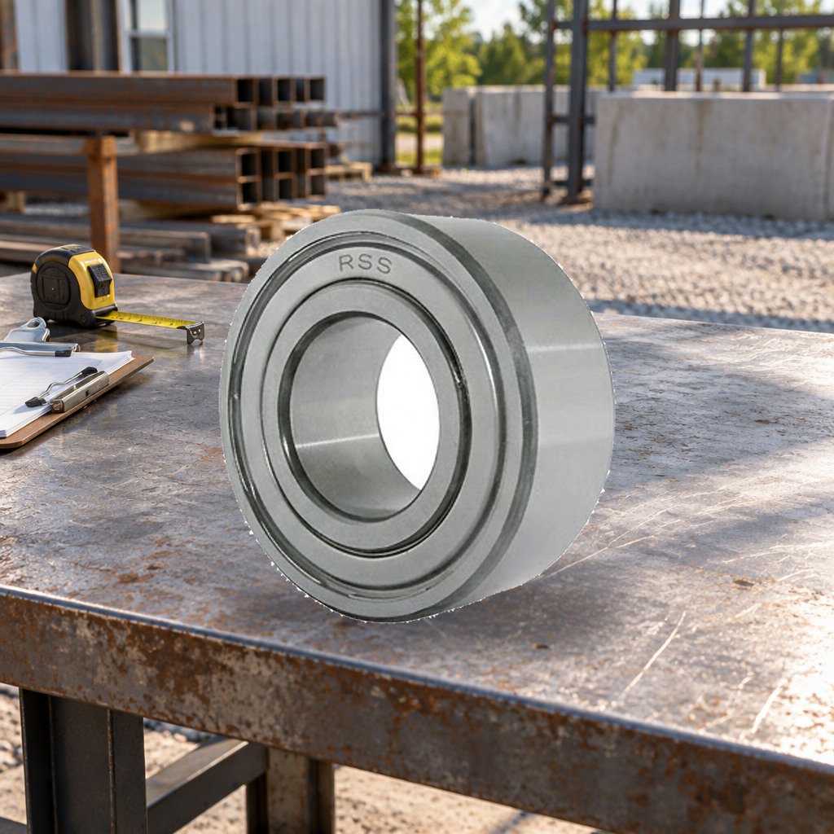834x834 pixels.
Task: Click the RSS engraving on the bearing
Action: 365,263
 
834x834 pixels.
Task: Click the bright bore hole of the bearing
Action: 408,411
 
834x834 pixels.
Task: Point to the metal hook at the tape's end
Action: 195,331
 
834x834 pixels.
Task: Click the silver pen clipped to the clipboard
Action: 69,391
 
